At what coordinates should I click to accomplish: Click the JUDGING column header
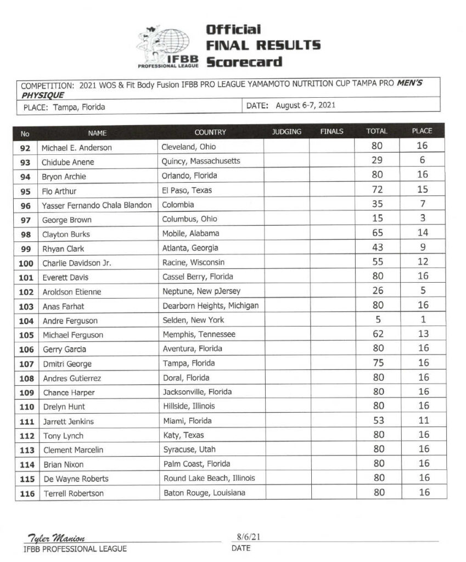tap(287, 132)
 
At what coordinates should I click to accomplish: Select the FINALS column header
tap(332, 132)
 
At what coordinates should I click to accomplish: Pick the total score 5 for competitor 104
tap(377, 319)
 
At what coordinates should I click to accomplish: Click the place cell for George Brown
tap(423, 218)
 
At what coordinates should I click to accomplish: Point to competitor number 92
tap(25, 148)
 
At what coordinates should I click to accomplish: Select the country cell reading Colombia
tap(178, 205)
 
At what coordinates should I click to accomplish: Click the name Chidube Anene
tap(68, 162)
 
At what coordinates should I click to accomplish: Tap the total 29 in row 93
tap(377, 161)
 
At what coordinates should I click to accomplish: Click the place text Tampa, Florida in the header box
tap(79, 108)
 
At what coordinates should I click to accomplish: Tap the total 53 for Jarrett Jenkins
tap(377, 420)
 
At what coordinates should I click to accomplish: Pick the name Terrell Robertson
tap(74, 493)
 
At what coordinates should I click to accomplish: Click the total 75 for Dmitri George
tap(377, 363)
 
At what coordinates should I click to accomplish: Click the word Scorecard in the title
tap(244, 61)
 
